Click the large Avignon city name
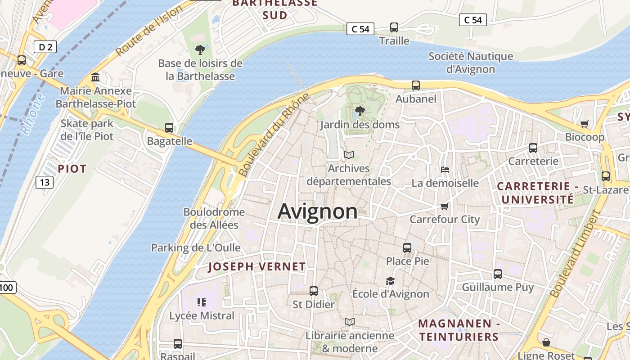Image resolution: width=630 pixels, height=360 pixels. click(x=318, y=211)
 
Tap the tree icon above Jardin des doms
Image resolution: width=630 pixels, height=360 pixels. click(x=360, y=111)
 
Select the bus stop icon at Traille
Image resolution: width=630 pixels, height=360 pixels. click(x=394, y=27)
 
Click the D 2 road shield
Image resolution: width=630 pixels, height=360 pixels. click(x=45, y=46)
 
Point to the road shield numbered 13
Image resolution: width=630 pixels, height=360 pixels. click(x=44, y=182)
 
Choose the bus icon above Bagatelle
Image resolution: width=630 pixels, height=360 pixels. click(x=169, y=128)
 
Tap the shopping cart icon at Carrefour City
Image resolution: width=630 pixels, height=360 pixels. click(x=445, y=206)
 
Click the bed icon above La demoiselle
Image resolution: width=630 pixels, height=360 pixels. click(x=445, y=170)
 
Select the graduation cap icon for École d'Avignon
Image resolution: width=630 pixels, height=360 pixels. click(x=390, y=281)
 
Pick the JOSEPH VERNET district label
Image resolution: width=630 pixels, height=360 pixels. click(x=257, y=266)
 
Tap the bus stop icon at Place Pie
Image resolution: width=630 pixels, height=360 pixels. click(x=407, y=247)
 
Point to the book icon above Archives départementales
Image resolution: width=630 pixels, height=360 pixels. click(x=349, y=155)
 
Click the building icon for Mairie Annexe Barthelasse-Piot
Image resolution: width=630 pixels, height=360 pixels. click(x=95, y=77)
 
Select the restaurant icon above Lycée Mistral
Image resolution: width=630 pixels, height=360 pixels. click(x=202, y=302)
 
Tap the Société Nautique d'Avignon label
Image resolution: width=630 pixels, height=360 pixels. click(x=471, y=63)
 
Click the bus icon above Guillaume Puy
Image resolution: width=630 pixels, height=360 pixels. click(x=498, y=274)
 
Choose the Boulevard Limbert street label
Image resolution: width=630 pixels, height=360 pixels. click(x=576, y=254)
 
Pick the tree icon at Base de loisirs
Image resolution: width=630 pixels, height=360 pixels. click(x=200, y=49)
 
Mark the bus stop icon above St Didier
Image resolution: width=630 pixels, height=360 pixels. click(x=314, y=291)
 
